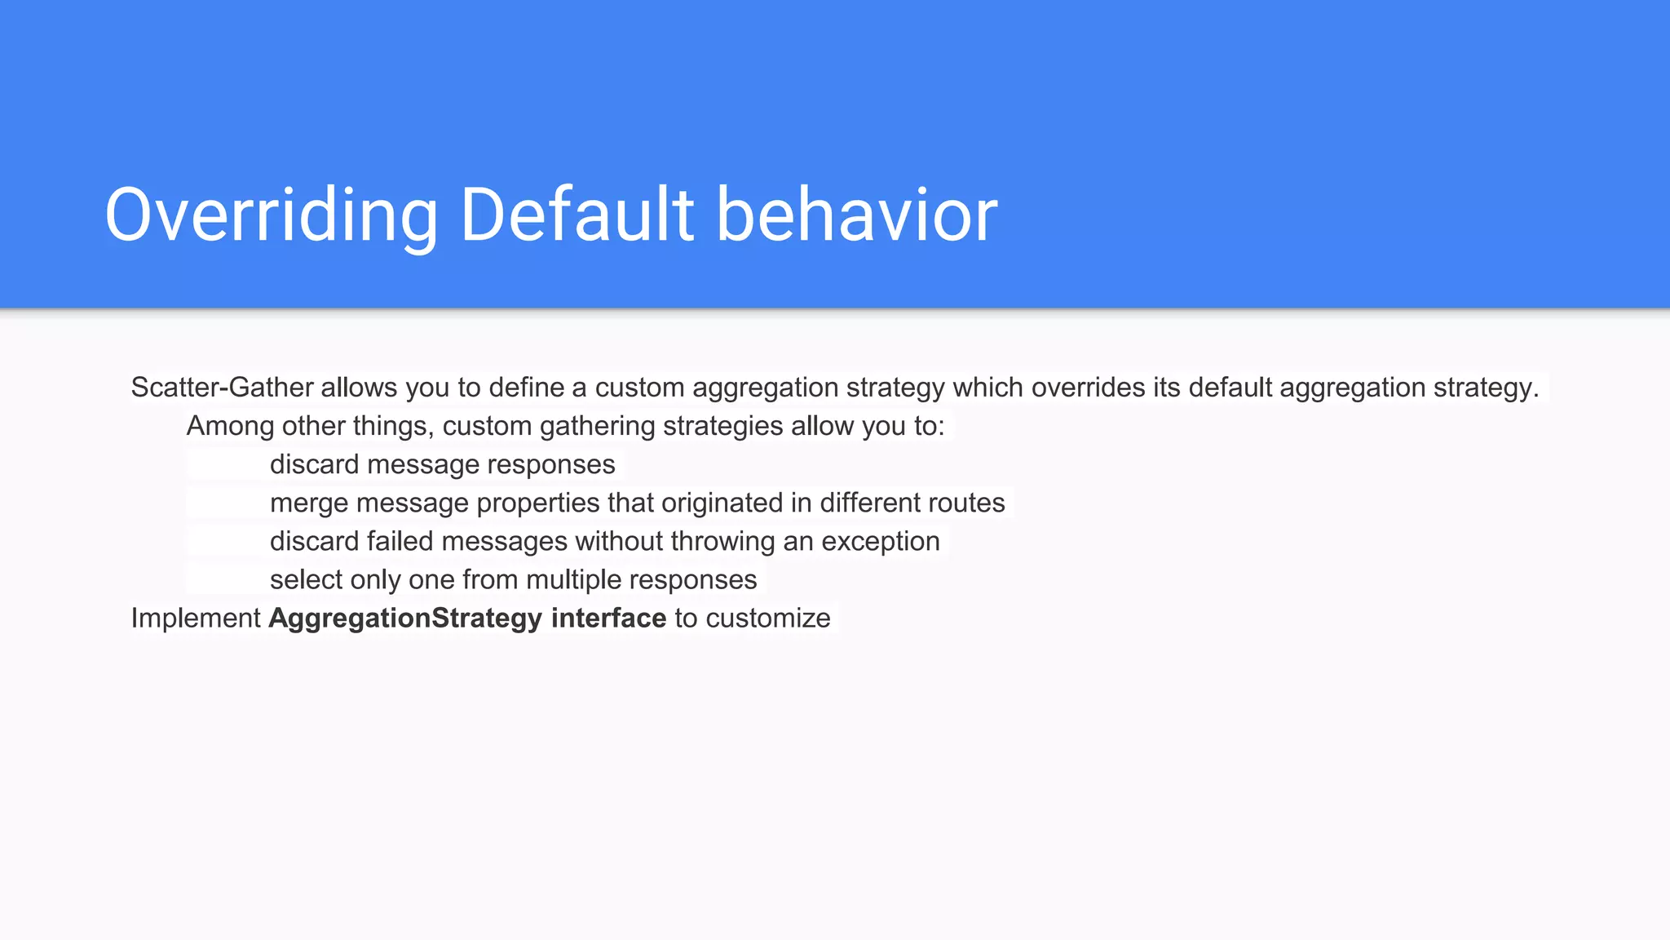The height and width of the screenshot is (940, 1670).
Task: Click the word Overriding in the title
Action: coord(272,215)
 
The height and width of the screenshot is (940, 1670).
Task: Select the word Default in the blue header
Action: coord(577,215)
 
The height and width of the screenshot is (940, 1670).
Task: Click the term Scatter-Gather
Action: coord(222,388)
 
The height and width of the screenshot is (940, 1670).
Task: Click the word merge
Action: coord(309,503)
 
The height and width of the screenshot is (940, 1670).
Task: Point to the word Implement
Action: coord(196,619)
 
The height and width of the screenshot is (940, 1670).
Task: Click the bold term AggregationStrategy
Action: coord(405,619)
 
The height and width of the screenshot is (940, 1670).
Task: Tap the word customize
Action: coord(767,619)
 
